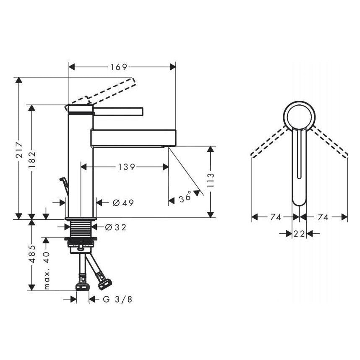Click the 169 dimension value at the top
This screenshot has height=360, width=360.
[119, 67]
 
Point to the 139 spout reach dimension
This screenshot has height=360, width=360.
[126, 167]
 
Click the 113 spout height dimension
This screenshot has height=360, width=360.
[211, 181]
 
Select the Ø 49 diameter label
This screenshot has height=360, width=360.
[123, 203]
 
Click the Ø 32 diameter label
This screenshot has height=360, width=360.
[115, 227]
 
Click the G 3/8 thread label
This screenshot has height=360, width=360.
[114, 299]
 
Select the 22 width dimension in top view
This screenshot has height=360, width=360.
[299, 234]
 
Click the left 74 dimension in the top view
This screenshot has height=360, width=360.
[275, 217]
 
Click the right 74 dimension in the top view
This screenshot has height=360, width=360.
[323, 217]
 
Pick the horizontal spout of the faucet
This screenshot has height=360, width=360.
[132, 138]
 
